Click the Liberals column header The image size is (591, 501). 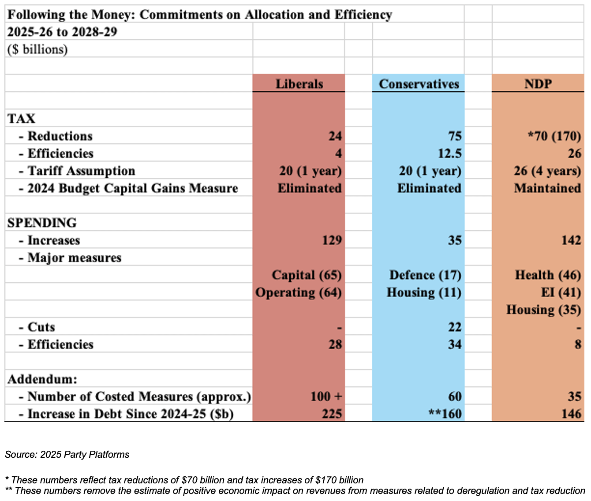point(299,84)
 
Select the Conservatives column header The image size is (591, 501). point(419,84)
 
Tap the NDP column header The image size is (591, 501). point(538,84)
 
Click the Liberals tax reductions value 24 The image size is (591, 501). point(335,136)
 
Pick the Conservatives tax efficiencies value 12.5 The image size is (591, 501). point(450,153)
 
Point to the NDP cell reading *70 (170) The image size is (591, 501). point(554,136)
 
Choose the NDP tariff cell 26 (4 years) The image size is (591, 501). point(547,171)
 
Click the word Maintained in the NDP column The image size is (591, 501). point(547,188)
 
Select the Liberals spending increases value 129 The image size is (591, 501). point(332,240)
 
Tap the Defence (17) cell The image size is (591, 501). point(426,275)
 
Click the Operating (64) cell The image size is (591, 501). point(299,292)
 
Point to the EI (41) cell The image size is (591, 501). point(561,292)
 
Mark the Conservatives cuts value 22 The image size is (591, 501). point(455,327)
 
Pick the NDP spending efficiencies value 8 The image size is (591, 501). point(578,344)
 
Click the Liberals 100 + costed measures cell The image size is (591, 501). point(326,396)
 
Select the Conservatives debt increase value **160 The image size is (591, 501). point(445,414)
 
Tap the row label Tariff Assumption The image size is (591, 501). point(81,171)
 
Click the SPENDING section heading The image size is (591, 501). point(42,223)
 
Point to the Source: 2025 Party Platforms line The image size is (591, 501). point(67,454)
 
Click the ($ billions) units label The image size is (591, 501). point(37,49)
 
